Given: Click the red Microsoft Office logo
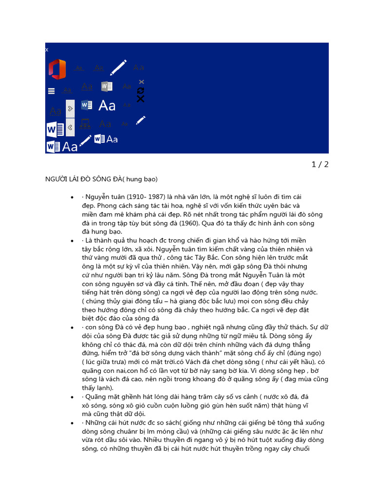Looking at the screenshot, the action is tap(57, 69).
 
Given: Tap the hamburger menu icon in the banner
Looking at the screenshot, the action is tap(51, 91).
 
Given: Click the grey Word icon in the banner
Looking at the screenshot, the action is tap(107, 86).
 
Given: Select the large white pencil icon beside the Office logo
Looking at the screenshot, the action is tap(118, 67).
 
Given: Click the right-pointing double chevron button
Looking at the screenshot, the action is tap(70, 108).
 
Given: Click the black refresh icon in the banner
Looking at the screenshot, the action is tap(141, 90).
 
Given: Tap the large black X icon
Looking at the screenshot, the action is tap(141, 99).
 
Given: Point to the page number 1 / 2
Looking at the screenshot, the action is tap(320, 164).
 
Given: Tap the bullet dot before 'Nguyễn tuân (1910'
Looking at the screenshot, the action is tap(72, 197).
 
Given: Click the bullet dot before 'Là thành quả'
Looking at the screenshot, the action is tap(72, 241).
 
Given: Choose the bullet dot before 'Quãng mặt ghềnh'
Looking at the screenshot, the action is tap(72, 398).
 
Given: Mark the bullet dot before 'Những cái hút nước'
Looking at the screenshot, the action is tap(72, 423).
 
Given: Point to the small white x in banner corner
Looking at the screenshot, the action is tap(47, 50).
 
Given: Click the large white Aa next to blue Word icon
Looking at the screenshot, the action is tap(107, 105).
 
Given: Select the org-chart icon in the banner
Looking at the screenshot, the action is tap(85, 124).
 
